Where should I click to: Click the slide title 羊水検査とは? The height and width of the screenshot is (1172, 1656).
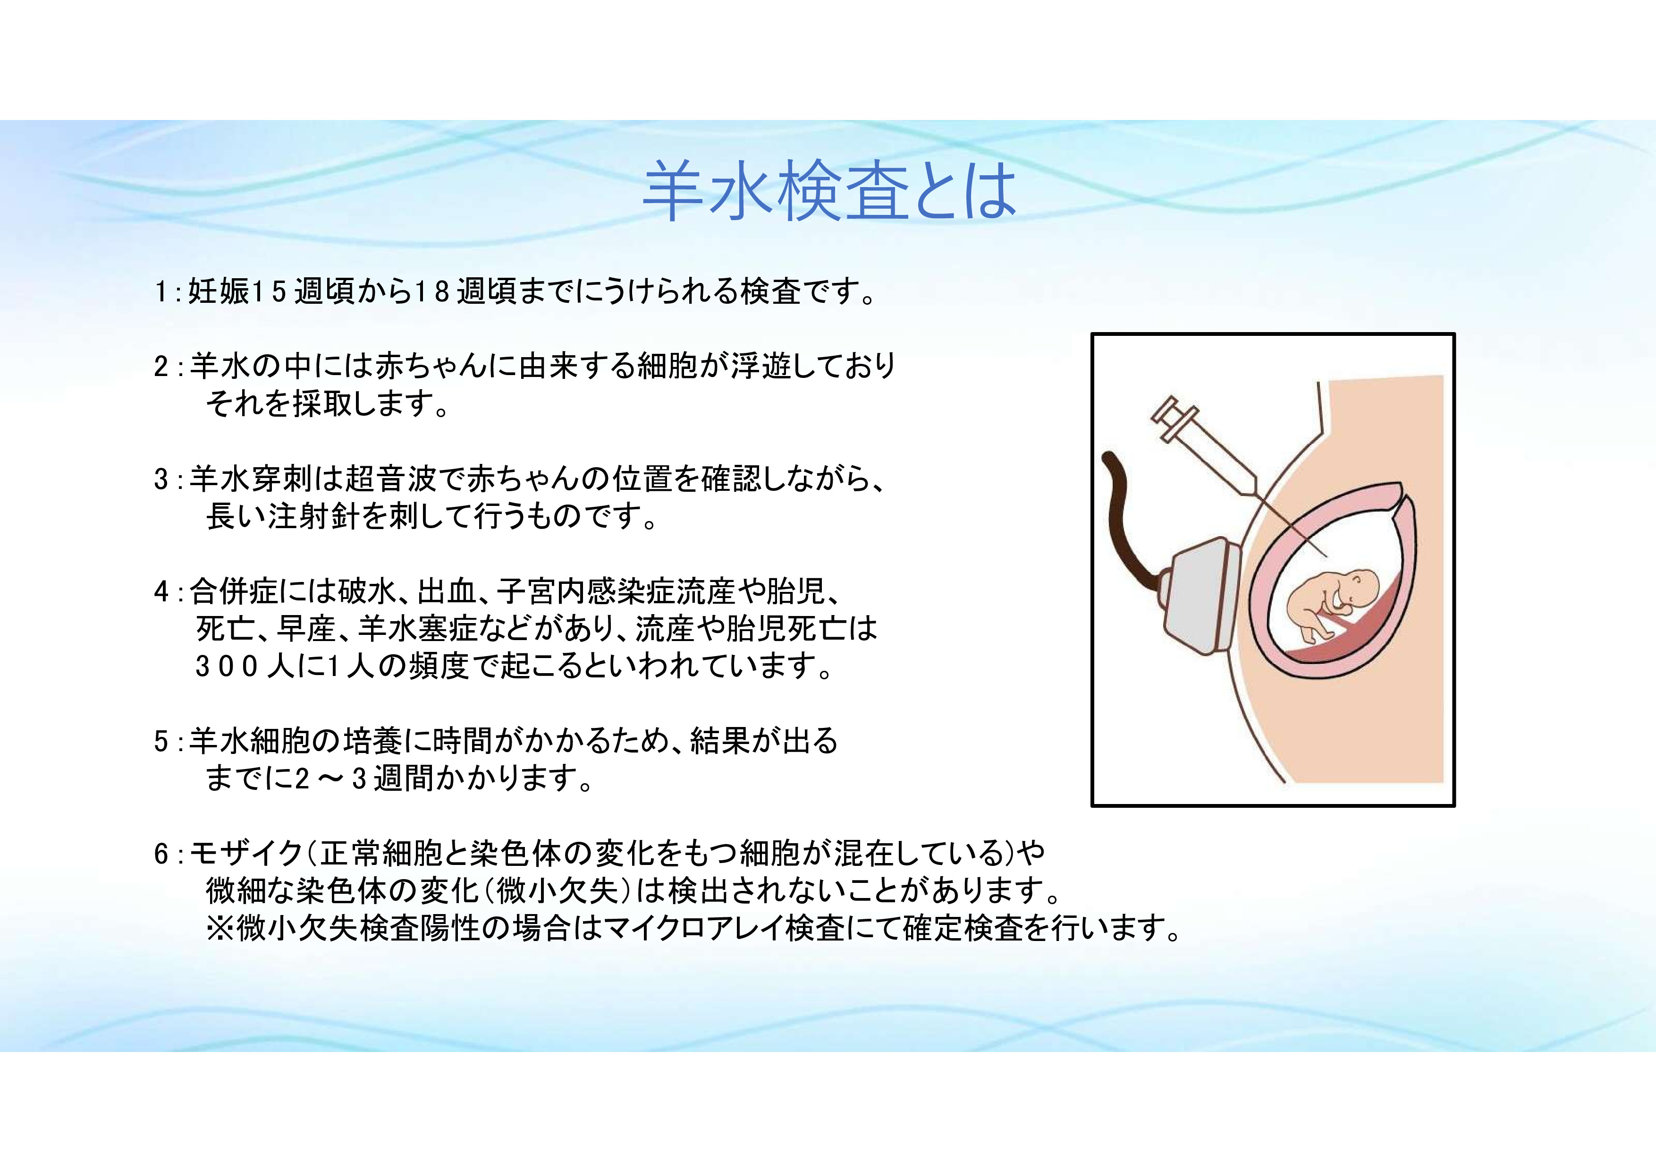[829, 191]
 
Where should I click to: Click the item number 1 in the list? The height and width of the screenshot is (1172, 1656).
[160, 293]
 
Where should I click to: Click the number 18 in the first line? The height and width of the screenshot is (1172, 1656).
[433, 292]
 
